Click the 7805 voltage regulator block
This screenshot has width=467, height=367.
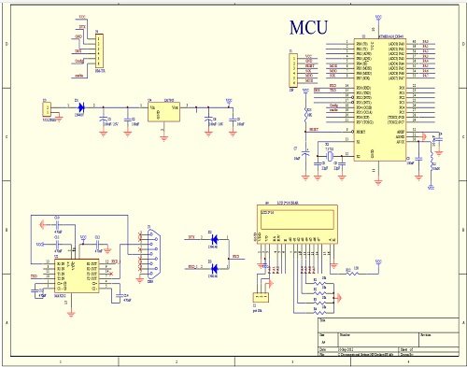click(168, 112)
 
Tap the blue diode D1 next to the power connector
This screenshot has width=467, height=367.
click(80, 107)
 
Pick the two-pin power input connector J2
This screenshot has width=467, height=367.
click(44, 110)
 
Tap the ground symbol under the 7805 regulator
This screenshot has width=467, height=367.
click(164, 136)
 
